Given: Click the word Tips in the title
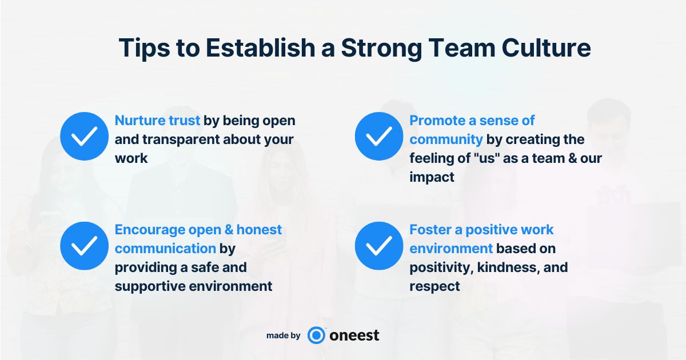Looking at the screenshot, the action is click(144, 49).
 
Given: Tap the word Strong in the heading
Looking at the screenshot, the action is click(382, 49).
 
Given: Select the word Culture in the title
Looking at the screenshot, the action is click(546, 48).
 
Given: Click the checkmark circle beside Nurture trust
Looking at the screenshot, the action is click(84, 136).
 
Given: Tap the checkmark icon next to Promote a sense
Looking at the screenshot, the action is click(379, 136).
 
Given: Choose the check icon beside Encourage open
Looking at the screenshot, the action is click(84, 246).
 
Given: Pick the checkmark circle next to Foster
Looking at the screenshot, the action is click(379, 246).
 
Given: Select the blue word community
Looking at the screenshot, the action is click(446, 140).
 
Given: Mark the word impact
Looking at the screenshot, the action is click(432, 178).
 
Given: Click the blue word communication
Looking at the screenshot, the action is click(165, 249).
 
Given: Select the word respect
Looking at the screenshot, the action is click(434, 287).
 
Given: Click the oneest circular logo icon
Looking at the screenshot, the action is click(316, 335).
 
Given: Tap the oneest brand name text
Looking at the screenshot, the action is click(354, 335).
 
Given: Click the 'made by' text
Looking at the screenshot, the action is click(284, 336).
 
